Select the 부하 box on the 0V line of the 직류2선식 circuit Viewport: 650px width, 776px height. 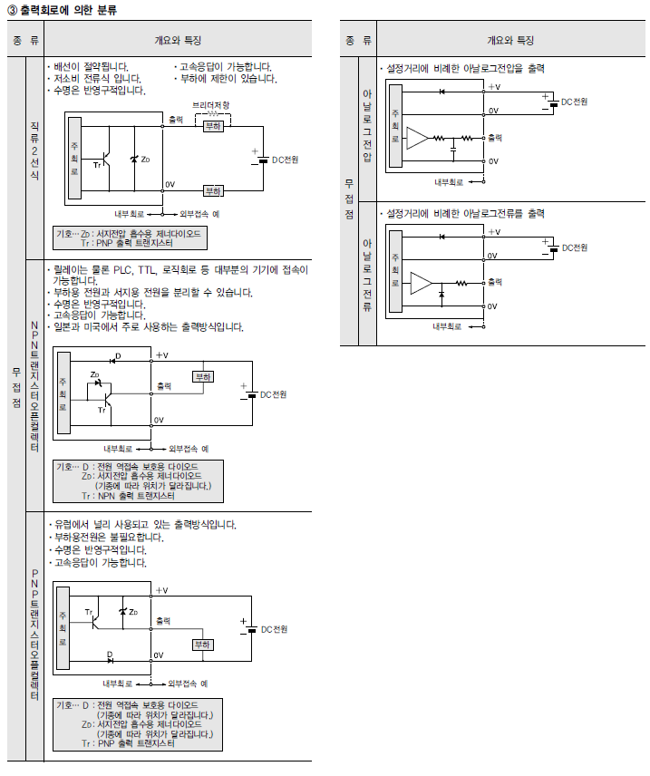(x=212, y=190)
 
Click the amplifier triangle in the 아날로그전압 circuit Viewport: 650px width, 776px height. (x=416, y=138)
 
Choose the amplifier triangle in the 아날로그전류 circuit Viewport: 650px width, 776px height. (x=421, y=283)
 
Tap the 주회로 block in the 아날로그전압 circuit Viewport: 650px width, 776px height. (x=394, y=124)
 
